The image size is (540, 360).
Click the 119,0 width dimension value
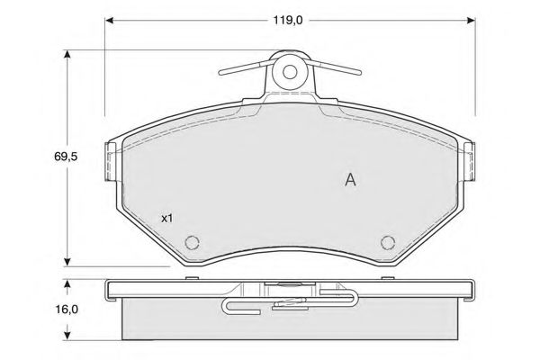pyautogui.click(x=288, y=20)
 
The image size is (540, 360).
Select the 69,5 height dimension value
pyautogui.click(x=66, y=157)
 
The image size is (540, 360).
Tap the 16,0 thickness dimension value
pyautogui.click(x=67, y=310)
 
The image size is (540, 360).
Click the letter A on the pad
pyautogui.click(x=350, y=179)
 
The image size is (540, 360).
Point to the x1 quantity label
pyautogui.click(x=167, y=218)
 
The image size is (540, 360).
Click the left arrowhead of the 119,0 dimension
pyautogui.click(x=110, y=21)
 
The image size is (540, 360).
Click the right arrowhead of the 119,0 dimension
pyautogui.click(x=471, y=21)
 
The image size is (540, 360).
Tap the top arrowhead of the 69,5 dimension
pyautogui.click(x=67, y=54)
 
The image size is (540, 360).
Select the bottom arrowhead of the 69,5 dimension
pyautogui.click(x=67, y=262)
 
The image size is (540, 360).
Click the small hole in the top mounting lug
pyautogui.click(x=290, y=72)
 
